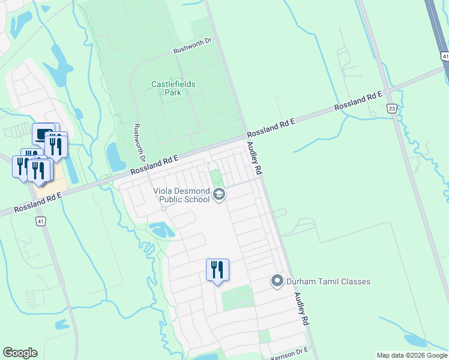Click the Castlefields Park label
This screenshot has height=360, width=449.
173,89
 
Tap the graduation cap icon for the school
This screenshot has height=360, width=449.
219,195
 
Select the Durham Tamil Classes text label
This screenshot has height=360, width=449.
328,281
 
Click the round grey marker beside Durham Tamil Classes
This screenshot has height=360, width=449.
277,280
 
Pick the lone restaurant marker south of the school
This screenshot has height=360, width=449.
217,269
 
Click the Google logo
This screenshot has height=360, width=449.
20,353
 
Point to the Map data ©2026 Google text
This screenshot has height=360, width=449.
412,355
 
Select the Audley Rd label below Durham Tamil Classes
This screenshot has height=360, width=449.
301,309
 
